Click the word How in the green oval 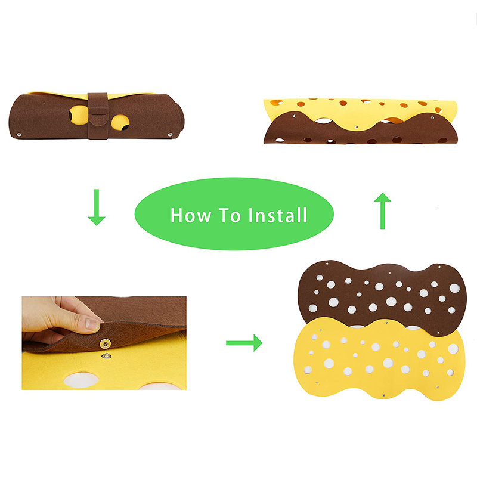pos(190,215)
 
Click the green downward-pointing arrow pos(96,207)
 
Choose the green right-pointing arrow pos(244,342)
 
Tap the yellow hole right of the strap pos(120,122)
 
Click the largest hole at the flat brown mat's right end pos(454,288)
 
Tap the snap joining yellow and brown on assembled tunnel pos(355,127)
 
